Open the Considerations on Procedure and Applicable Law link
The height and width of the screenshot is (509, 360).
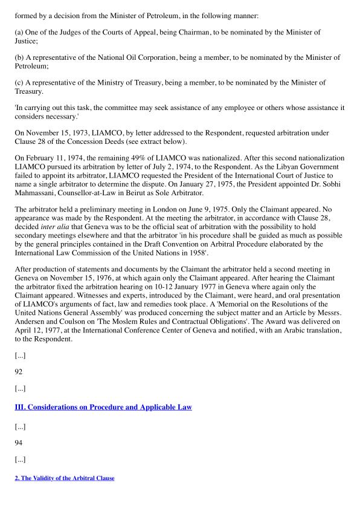coord(103,407)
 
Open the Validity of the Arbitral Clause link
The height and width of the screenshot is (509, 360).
coord(65,478)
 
